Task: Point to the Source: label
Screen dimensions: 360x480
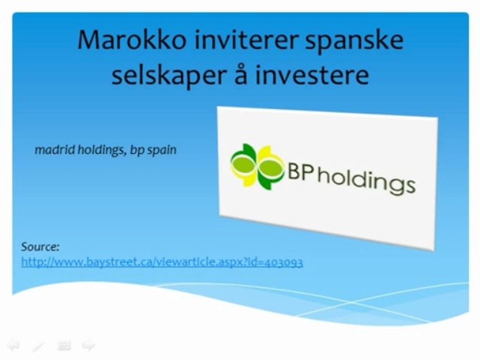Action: coord(40,246)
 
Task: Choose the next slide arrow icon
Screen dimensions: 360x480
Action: coord(88,345)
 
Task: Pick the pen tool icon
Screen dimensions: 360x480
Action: coord(38,345)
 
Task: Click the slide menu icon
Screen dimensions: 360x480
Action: coord(63,345)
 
